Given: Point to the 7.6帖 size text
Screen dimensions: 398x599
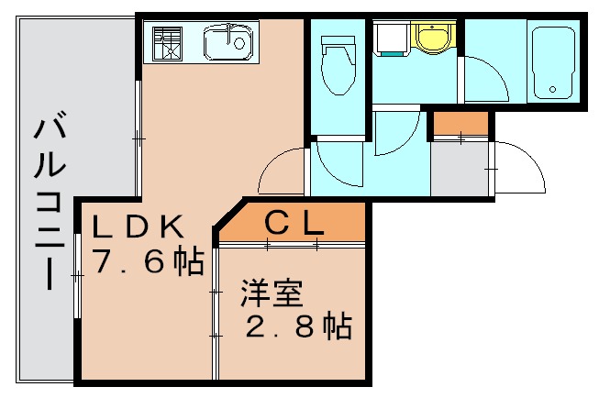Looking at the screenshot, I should (x=148, y=263).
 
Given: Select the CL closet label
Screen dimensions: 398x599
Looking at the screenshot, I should (x=293, y=221).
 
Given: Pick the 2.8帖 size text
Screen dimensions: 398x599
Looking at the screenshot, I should (x=298, y=327).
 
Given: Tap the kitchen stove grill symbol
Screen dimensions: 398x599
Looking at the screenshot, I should (x=168, y=43).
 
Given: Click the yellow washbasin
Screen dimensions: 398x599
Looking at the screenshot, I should (x=429, y=38).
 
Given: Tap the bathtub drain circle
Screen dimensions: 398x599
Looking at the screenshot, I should (x=552, y=89).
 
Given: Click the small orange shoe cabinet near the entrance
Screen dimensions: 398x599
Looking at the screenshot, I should (x=460, y=122).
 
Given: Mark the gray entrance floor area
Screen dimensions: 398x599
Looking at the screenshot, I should (x=458, y=168).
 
